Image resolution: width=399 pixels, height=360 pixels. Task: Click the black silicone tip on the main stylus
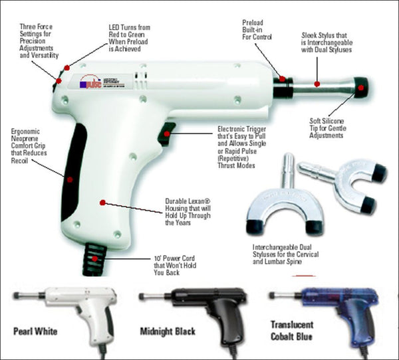pyautogui.click(x=362, y=87)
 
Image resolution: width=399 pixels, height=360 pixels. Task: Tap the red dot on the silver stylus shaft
pyautogui.click(x=317, y=84)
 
